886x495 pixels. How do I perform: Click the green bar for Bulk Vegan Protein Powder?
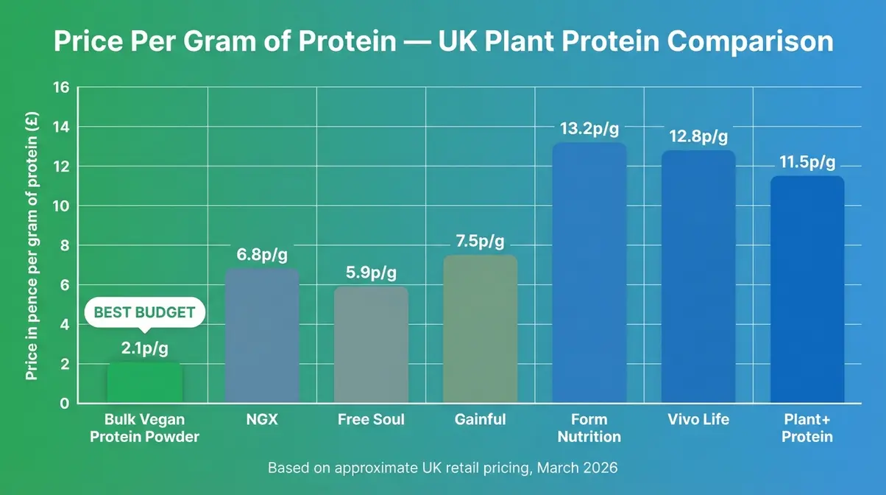pyautogui.click(x=144, y=382)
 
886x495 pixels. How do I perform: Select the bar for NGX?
pyautogui.click(x=261, y=336)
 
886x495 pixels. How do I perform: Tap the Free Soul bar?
pyautogui.click(x=371, y=345)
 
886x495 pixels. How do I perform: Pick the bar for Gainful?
pyautogui.click(x=480, y=329)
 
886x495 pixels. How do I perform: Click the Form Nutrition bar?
pyautogui.click(x=589, y=273)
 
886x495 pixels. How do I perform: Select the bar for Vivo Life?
pyautogui.click(x=698, y=277)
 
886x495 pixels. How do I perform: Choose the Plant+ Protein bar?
pyautogui.click(x=807, y=289)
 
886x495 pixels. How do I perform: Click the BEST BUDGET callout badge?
pyautogui.click(x=144, y=312)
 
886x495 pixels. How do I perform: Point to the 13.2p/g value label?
pyautogui.click(x=589, y=129)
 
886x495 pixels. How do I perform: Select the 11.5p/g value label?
pyautogui.click(x=807, y=163)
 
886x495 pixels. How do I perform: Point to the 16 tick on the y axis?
pyautogui.click(x=61, y=88)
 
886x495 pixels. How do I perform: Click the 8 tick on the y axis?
pyautogui.click(x=64, y=245)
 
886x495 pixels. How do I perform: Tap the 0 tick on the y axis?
pyautogui.click(x=64, y=403)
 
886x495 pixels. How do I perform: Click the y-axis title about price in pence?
pyautogui.click(x=32, y=245)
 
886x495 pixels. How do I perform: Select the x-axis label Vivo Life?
pyautogui.click(x=698, y=419)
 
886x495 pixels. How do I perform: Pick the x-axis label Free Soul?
pyautogui.click(x=371, y=419)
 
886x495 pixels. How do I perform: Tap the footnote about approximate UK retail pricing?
pyautogui.click(x=443, y=468)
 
